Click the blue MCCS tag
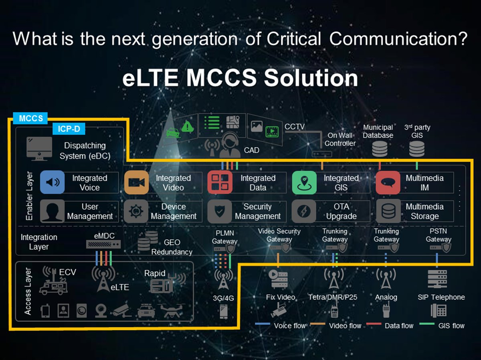[x=30, y=118]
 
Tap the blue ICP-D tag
[x=69, y=129]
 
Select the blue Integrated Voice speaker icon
[x=53, y=182]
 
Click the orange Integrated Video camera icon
[x=136, y=182]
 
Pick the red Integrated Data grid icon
[x=220, y=182]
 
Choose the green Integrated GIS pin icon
[x=304, y=182]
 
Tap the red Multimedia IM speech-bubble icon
[x=388, y=182]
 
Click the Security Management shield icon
[x=220, y=211]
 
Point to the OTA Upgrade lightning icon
[x=304, y=211]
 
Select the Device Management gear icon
[x=136, y=211]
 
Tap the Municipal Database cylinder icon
[x=380, y=149]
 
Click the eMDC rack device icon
[x=103, y=244]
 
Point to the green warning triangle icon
[x=187, y=126]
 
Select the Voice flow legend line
[x=263, y=324]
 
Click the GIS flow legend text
[x=451, y=326]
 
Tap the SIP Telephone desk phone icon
[x=438, y=310]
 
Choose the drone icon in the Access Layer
[x=171, y=310]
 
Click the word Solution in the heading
[x=311, y=78]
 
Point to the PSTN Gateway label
[x=439, y=235]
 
